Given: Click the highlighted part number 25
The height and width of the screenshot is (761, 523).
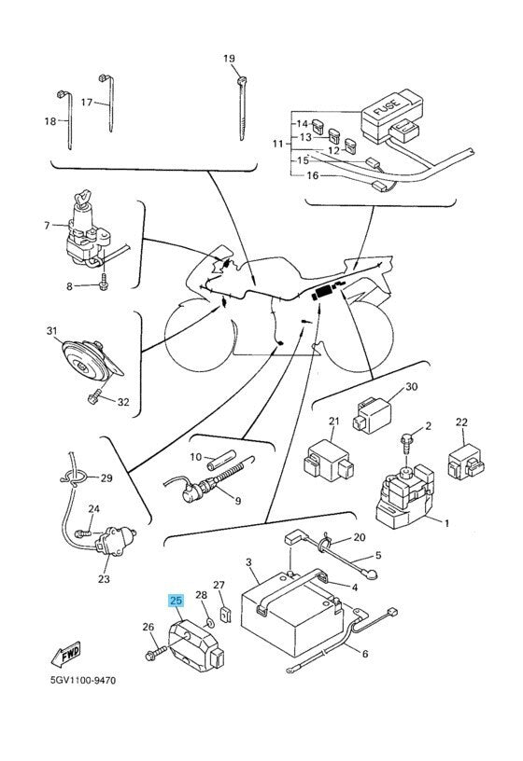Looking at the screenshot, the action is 176,601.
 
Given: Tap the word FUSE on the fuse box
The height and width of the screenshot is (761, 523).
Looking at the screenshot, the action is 387,108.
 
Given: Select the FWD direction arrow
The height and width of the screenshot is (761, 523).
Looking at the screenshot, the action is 65,654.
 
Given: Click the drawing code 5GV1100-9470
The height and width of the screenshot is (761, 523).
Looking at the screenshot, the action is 83,680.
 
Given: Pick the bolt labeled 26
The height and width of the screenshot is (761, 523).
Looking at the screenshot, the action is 156,652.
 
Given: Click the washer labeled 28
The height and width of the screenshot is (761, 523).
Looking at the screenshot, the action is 210,622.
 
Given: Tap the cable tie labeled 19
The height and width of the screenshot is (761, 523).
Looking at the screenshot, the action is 242,108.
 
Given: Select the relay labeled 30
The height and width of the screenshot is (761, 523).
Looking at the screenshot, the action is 372,415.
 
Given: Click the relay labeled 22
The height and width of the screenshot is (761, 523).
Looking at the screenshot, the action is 466,461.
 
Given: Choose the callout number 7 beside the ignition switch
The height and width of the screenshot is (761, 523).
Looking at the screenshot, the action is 47,226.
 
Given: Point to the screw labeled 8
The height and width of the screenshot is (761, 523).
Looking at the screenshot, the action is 104,283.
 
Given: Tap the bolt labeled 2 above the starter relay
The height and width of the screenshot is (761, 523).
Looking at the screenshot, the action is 406,441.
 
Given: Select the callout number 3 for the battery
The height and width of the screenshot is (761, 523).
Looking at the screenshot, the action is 248,562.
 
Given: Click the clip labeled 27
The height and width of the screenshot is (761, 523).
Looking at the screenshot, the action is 225,615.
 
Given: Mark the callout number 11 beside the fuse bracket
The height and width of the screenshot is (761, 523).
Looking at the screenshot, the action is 277,144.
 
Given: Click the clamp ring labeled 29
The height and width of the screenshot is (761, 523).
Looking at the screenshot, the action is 75,478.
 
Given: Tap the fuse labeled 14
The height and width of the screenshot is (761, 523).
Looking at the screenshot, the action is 318,126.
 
